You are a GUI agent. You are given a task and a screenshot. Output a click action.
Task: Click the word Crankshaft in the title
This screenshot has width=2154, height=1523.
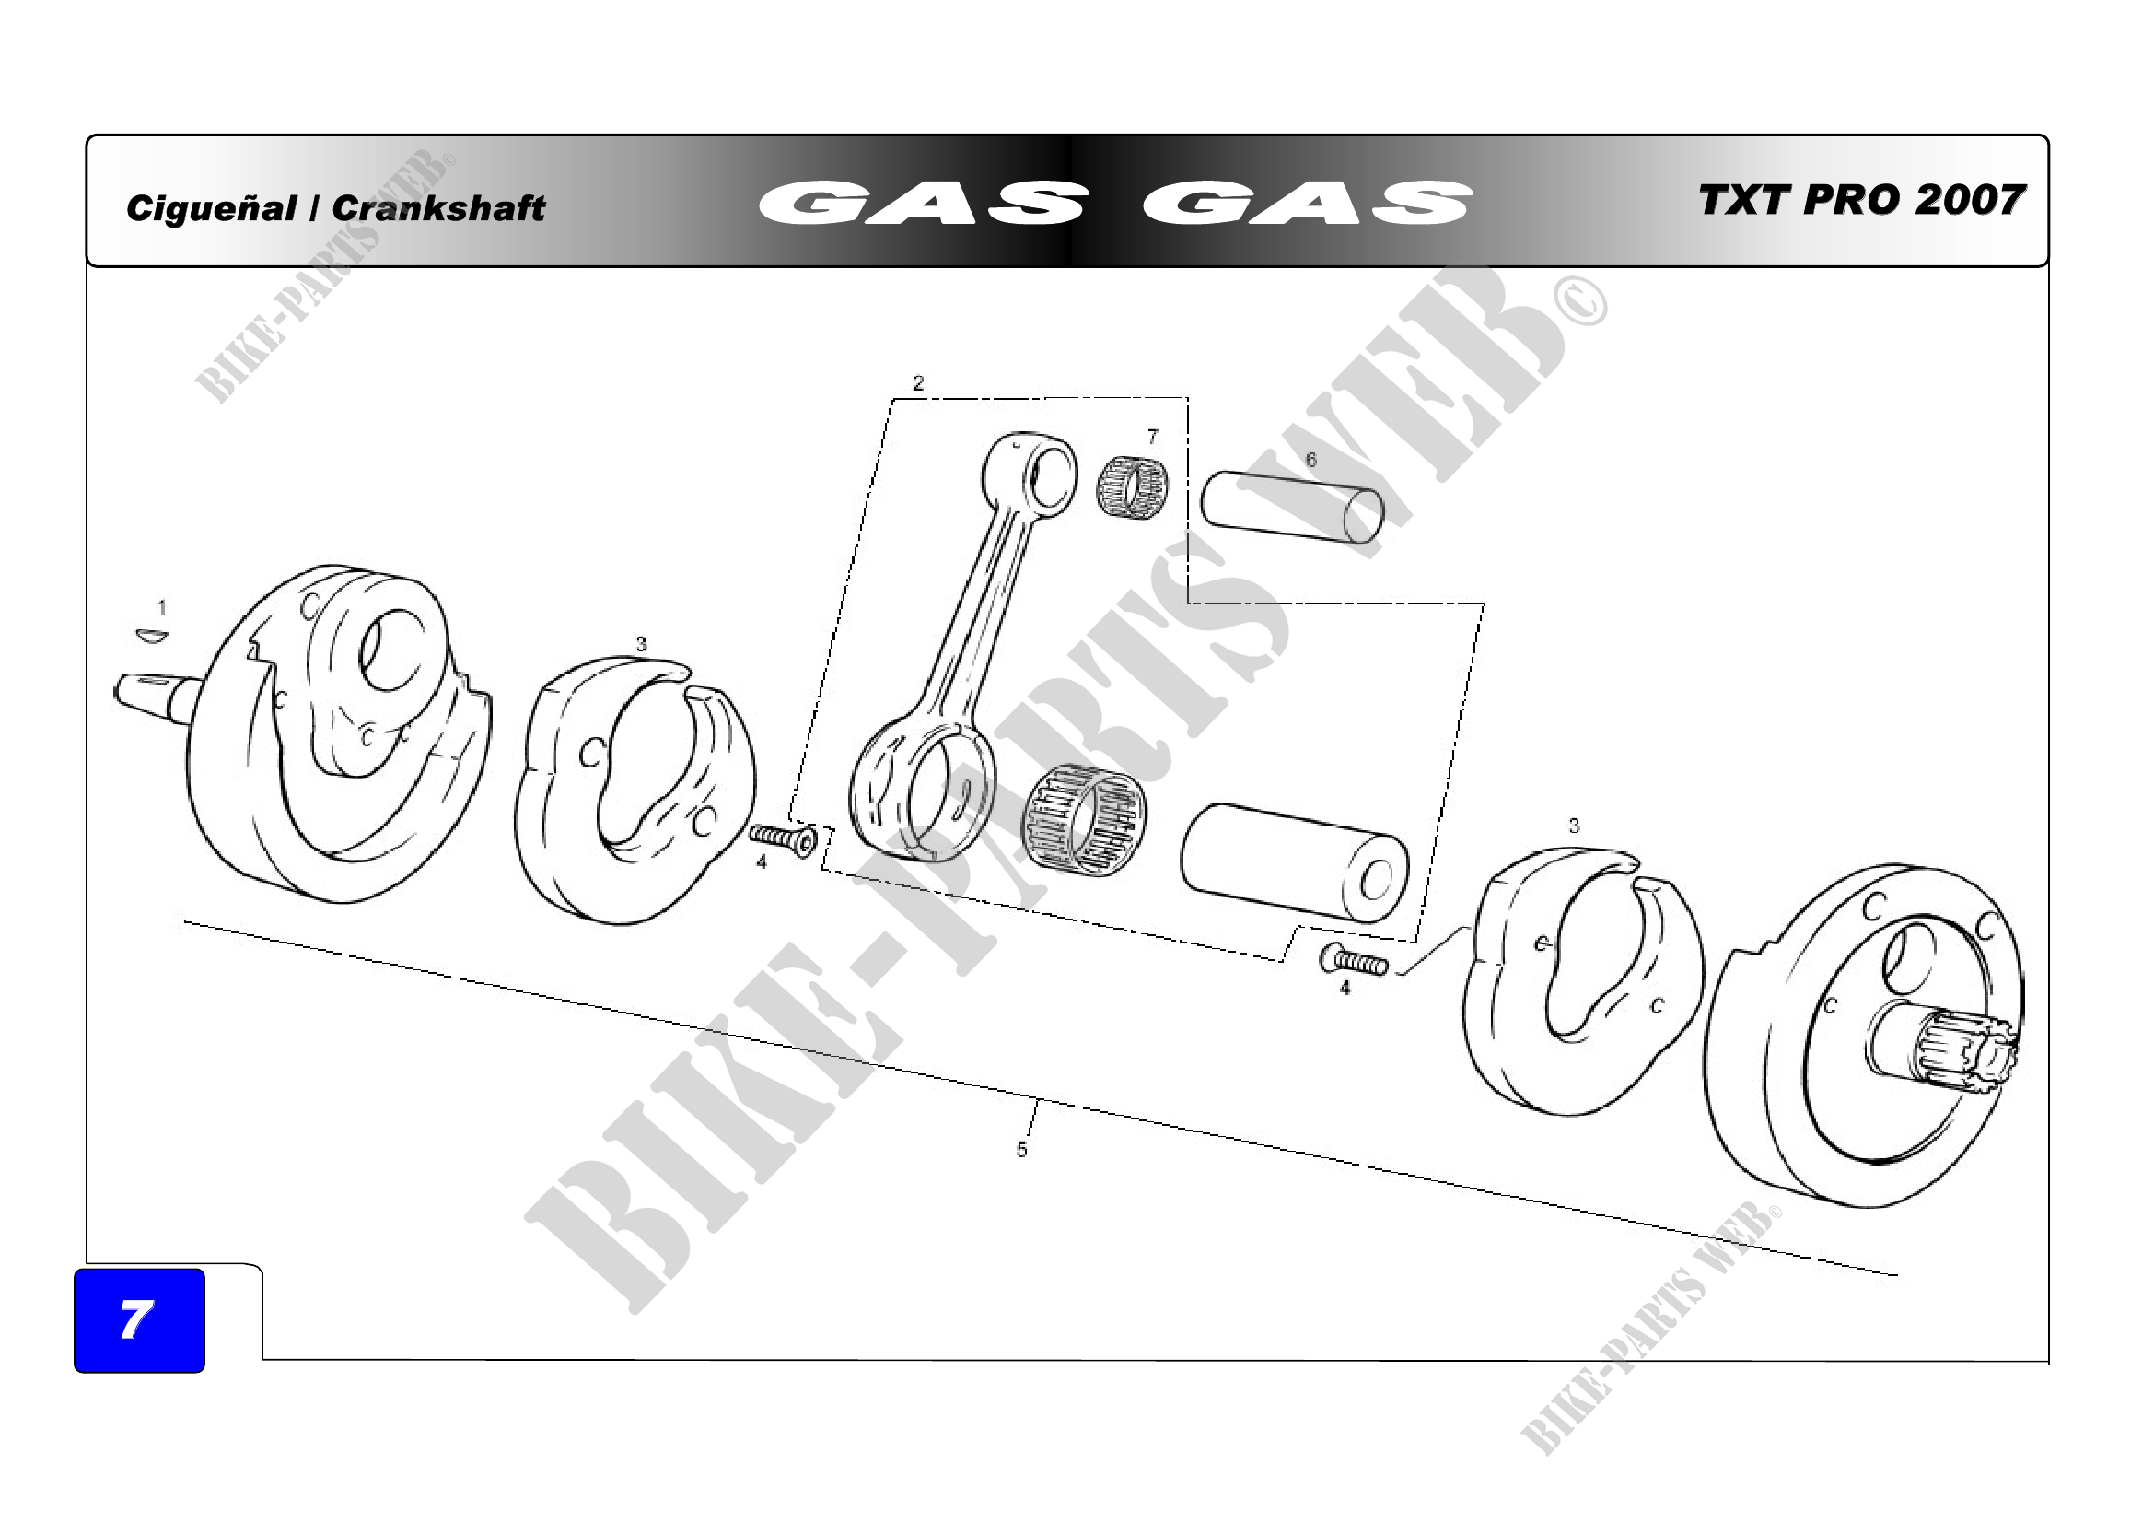pos(438,208)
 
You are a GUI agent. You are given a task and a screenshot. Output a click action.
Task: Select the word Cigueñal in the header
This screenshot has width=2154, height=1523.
pos(211,208)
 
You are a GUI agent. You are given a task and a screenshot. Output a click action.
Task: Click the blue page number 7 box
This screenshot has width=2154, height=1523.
pos(139,1319)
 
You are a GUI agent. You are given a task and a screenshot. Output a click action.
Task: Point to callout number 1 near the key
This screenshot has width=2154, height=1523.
pos(162,607)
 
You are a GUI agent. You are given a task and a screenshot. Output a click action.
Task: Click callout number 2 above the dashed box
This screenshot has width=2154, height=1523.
pos(918,383)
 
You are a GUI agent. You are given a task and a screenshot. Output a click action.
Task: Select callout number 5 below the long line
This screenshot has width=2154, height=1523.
pos(1021,1150)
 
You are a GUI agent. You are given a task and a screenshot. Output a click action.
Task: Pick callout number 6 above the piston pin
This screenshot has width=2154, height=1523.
pos(1310,460)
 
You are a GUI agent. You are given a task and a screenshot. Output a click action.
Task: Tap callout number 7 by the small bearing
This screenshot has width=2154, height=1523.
pos(1153,437)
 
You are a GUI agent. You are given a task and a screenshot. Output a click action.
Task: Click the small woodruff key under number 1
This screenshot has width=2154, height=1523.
pos(151,637)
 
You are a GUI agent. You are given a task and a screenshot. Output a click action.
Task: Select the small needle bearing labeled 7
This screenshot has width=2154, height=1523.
pos(1135,488)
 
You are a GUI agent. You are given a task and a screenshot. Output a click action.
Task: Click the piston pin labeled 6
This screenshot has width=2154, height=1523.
pos(1292,507)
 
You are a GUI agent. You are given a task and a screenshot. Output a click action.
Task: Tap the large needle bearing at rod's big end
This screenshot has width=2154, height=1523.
pos(1085,820)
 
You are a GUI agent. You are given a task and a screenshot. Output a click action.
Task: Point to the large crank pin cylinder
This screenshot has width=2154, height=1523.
pos(1294,862)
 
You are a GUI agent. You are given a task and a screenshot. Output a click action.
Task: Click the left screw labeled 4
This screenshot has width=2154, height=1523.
pos(784,838)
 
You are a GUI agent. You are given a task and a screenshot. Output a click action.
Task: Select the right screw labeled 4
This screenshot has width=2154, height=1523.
pos(1354,961)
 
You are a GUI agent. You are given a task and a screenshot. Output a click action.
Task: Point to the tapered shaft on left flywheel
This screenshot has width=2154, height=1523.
pos(157,697)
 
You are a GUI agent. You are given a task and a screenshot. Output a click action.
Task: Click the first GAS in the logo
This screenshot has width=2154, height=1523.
pos(923,203)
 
